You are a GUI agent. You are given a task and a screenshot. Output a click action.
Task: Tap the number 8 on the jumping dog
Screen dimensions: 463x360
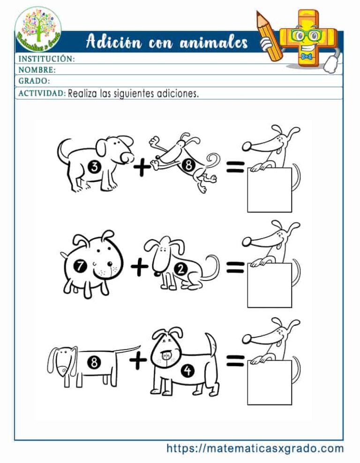[x=188, y=165]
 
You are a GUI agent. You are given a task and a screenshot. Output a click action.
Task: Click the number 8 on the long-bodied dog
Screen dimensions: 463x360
[x=94, y=362]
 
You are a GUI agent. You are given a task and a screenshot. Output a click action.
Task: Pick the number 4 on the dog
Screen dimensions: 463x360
[x=187, y=371]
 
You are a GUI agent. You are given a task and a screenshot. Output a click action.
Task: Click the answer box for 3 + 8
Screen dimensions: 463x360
[x=269, y=190]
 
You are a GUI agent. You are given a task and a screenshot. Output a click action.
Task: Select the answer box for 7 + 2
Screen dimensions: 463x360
[x=269, y=285]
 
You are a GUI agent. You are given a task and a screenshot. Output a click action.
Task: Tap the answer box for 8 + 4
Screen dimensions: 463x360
[x=269, y=382]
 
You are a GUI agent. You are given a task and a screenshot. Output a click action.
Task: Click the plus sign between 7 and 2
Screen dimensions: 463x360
[x=139, y=267]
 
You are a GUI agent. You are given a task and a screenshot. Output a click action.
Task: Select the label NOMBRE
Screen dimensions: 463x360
[x=37, y=70]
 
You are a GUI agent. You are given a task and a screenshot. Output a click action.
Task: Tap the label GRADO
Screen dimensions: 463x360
[x=34, y=81]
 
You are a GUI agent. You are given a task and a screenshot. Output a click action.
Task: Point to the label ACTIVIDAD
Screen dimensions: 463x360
[x=42, y=93]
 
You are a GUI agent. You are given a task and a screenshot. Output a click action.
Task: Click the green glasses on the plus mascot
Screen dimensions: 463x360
[x=304, y=35]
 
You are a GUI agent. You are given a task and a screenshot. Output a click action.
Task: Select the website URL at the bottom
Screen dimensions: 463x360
[x=255, y=448]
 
